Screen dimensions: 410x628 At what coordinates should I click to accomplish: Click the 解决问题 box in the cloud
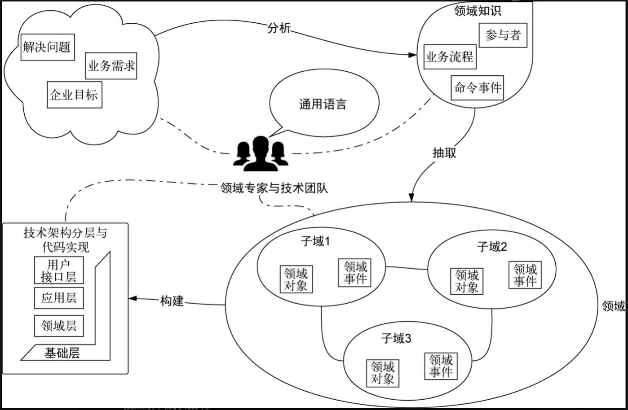tap(47, 48)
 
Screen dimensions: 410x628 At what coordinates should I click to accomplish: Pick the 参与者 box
tap(503, 36)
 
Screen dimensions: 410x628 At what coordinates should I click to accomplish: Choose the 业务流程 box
tap(449, 57)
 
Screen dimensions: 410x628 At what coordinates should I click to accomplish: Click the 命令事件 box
tap(478, 88)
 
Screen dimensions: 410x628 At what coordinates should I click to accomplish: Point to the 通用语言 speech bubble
tap(323, 104)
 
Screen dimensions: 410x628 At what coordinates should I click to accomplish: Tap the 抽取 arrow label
tap(444, 153)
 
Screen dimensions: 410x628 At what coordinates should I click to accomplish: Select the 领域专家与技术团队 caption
tap(275, 188)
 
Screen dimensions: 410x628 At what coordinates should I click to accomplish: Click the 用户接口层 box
tap(59, 270)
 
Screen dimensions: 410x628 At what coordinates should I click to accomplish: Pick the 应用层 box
tap(59, 299)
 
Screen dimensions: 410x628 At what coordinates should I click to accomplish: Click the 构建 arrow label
tap(172, 301)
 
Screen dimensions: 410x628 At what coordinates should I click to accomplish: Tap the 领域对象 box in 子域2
tap(467, 281)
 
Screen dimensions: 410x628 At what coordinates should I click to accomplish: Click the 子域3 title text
tap(396, 339)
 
